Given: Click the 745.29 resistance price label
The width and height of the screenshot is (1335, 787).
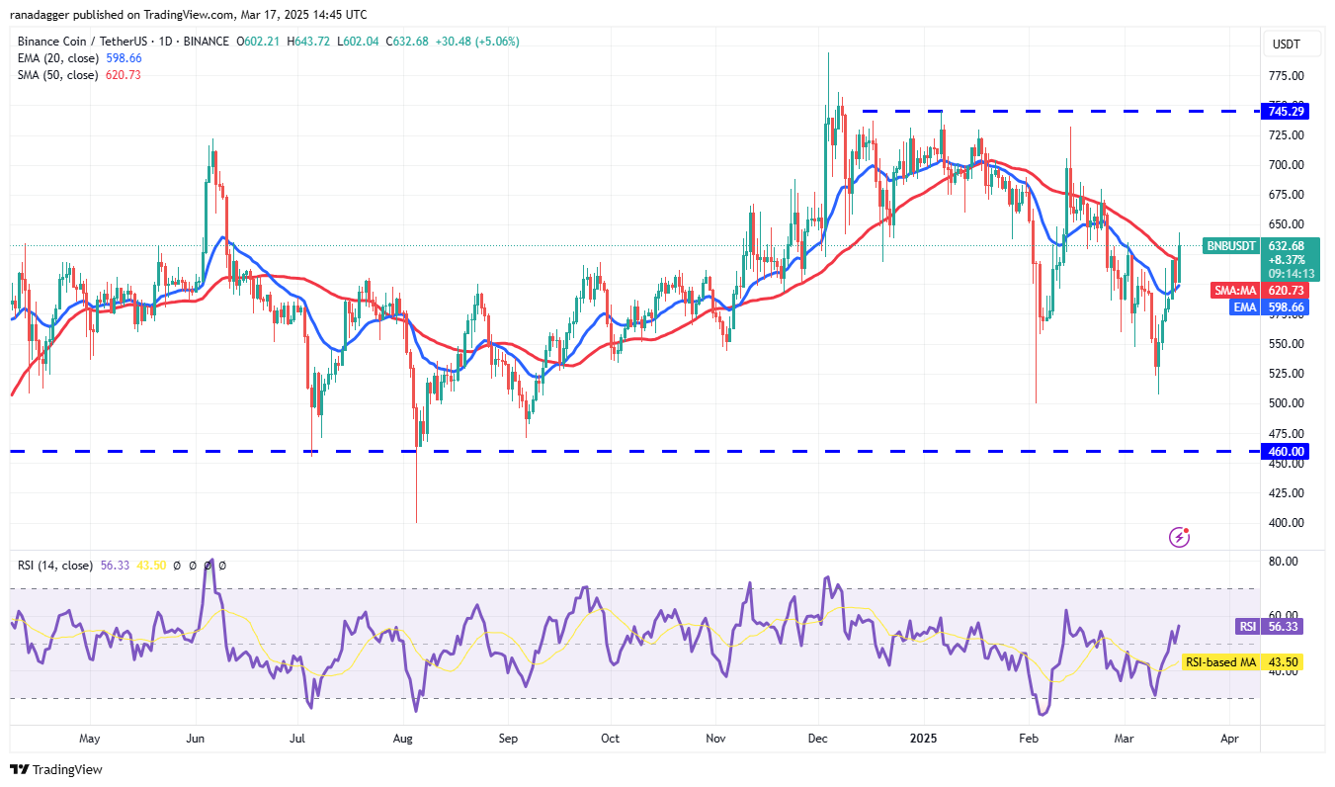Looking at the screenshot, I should [1284, 111].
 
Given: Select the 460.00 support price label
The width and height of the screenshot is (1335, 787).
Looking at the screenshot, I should [1284, 451].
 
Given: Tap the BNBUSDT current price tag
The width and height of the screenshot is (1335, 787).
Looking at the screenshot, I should [1230, 246].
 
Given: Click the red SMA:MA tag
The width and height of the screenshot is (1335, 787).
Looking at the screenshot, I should [1236, 291].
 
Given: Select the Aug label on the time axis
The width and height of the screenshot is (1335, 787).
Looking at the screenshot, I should [402, 738].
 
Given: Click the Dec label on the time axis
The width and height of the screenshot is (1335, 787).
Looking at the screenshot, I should [818, 738].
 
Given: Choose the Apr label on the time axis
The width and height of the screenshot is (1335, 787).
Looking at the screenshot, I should [1229, 738].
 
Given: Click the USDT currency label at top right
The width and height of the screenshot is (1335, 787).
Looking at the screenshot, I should [1286, 44].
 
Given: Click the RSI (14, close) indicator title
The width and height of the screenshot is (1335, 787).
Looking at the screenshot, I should [55, 566].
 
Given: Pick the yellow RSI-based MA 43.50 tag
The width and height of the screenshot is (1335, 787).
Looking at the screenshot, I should [1254, 661].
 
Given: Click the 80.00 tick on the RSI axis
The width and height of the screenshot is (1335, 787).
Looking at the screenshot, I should [1284, 561].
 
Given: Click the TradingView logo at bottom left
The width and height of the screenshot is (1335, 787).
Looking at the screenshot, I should [56, 769].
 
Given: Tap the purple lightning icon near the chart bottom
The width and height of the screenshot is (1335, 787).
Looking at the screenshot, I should [1179, 537].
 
